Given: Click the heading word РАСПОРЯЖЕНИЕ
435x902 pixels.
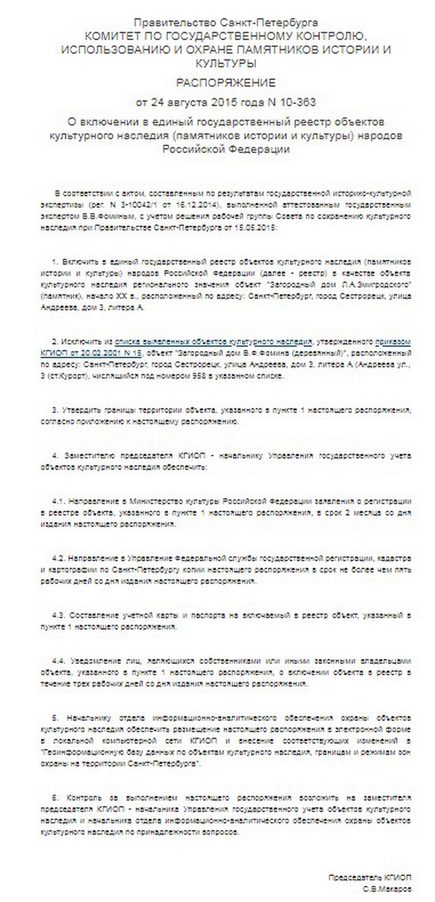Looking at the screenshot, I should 226,82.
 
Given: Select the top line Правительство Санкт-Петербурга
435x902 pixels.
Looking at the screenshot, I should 226,25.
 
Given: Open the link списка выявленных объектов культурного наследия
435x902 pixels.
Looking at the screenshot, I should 213,339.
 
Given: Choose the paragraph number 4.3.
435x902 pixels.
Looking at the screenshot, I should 59,616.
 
